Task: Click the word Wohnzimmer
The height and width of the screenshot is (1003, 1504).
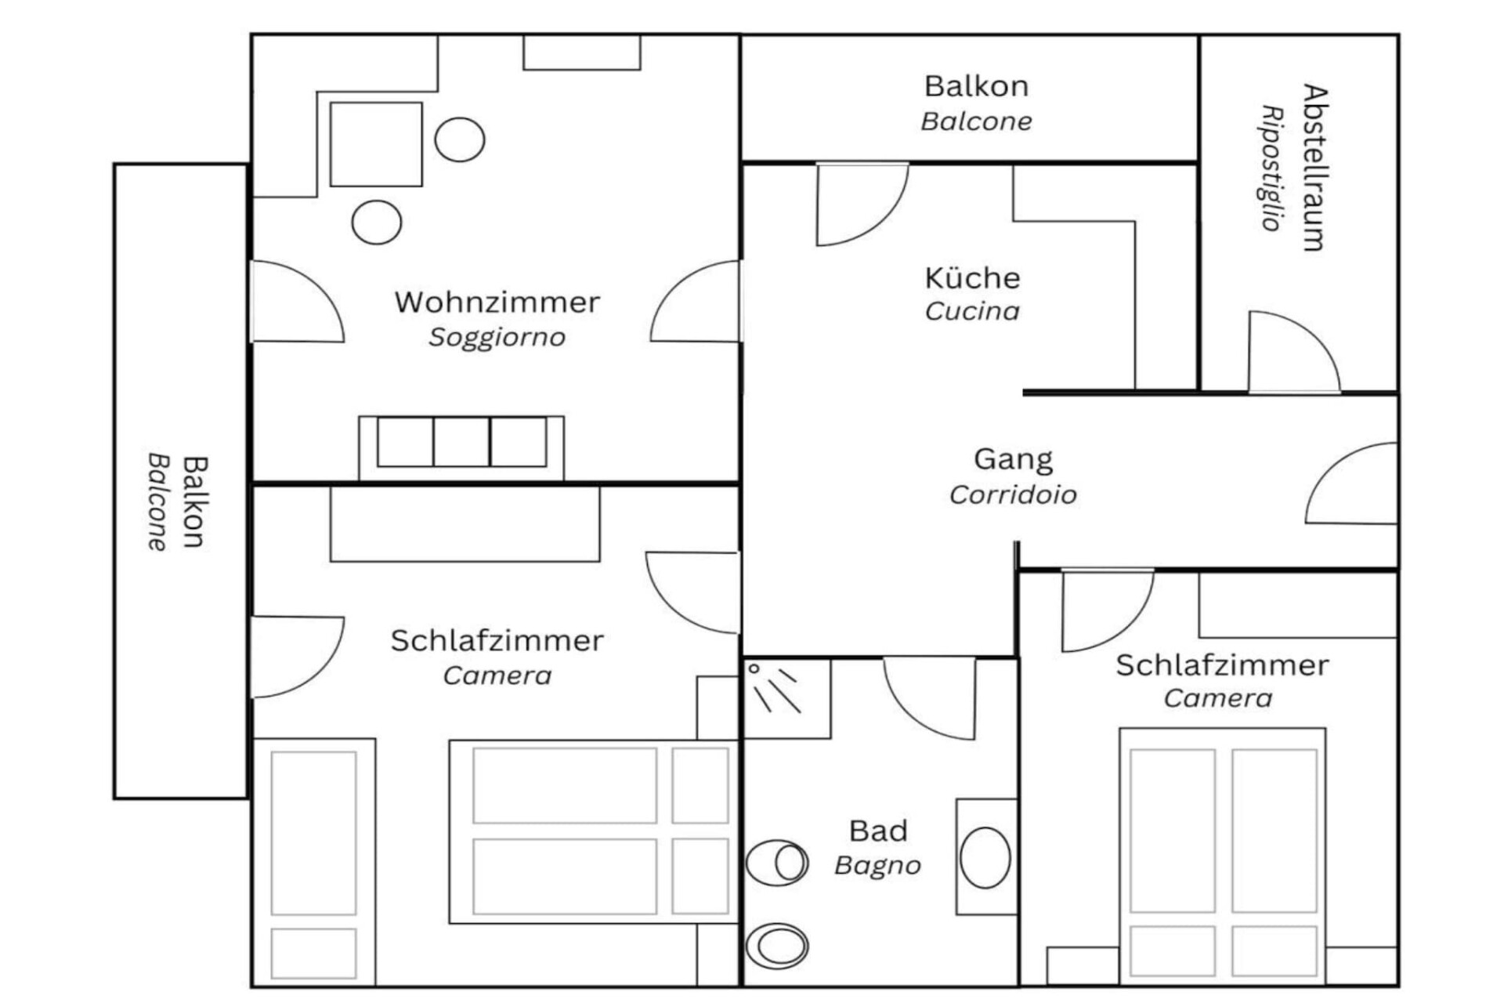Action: coord(497,302)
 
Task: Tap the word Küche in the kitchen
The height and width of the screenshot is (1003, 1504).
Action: coord(972,277)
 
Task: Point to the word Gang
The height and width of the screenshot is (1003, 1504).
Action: coord(1013,460)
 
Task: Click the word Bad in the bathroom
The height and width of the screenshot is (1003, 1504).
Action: coord(878,831)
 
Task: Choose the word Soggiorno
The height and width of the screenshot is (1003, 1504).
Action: coord(497,338)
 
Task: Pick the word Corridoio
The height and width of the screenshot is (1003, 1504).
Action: coord(1013,494)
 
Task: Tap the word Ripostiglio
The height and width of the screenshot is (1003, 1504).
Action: coord(1272,168)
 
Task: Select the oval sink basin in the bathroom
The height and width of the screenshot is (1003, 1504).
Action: coord(985,857)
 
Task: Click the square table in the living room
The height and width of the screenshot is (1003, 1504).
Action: coord(376,144)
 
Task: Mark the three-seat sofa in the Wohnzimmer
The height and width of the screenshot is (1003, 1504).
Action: coord(461,447)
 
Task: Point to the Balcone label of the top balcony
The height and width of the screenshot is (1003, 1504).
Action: coord(976,121)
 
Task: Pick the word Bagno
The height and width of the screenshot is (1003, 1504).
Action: coord(877,865)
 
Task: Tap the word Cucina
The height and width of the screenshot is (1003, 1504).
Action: coord(972,311)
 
